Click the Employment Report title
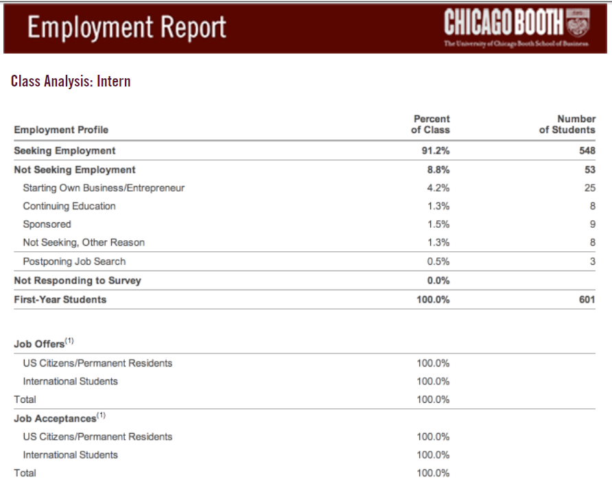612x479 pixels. click(x=127, y=27)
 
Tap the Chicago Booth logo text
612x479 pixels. click(x=504, y=22)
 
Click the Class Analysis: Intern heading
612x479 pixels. click(x=71, y=82)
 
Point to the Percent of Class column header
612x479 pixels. click(x=431, y=124)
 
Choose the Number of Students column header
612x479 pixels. click(x=567, y=124)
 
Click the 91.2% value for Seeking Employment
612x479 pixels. click(x=436, y=151)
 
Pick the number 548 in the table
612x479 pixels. click(x=587, y=151)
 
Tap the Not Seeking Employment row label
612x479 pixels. click(x=75, y=170)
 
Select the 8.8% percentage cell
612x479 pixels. click(x=438, y=170)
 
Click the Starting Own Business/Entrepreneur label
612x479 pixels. click(x=104, y=188)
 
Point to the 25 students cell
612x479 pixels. click(x=590, y=188)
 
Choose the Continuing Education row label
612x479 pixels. click(x=69, y=206)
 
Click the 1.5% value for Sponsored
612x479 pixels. click(x=438, y=224)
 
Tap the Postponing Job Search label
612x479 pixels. click(x=74, y=261)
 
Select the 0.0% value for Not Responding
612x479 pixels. click(x=438, y=281)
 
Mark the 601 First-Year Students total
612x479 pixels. click(x=587, y=299)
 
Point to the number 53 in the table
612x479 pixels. click(x=590, y=170)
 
